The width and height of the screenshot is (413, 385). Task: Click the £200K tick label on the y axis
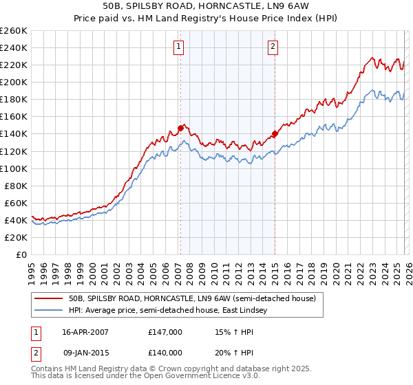pos(13,82)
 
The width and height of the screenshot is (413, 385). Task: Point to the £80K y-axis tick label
pos(15,186)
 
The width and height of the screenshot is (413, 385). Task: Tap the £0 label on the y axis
pos(21,254)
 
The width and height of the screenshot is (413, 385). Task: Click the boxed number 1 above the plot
pos(178,47)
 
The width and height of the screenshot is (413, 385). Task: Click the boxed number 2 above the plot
pos(273,47)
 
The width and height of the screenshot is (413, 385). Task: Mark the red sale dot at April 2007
pos(180,127)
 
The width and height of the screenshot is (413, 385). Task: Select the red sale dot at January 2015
pos(275,133)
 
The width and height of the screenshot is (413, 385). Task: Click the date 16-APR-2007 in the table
pos(85,332)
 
